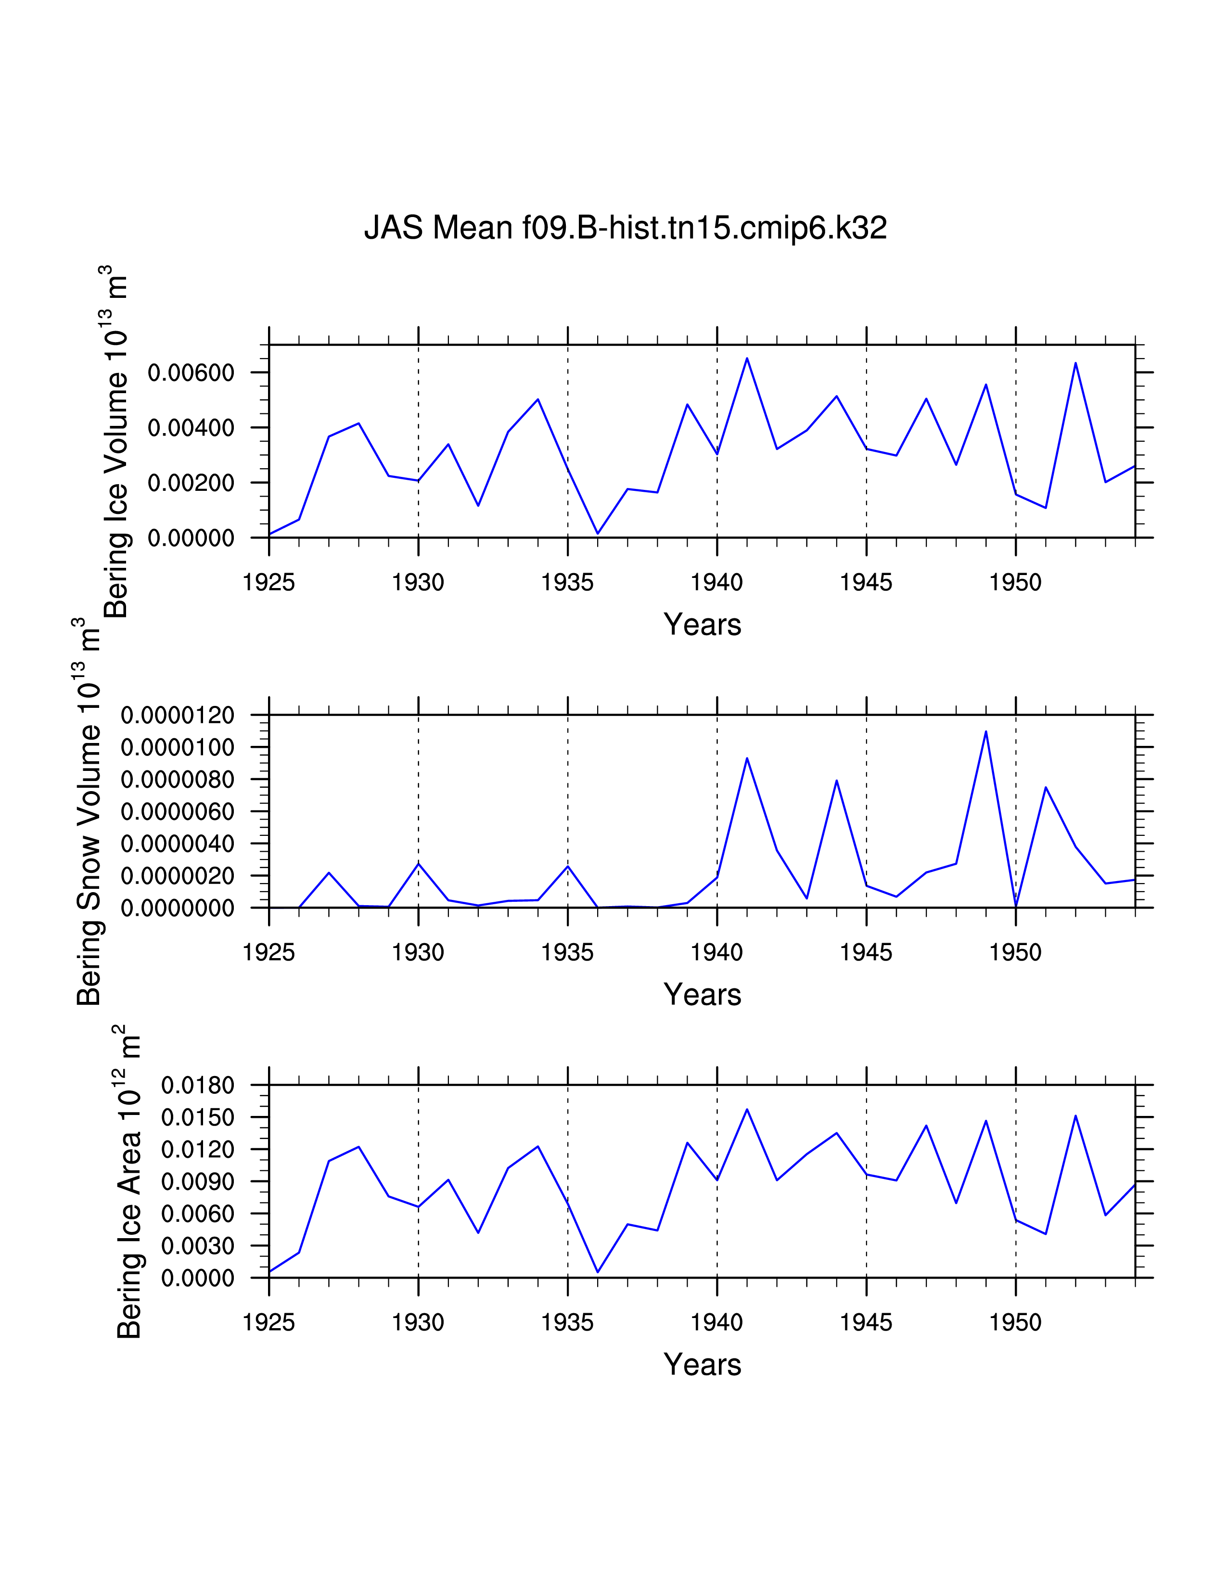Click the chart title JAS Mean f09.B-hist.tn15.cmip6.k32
click(x=625, y=228)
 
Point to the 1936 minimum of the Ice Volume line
click(x=598, y=534)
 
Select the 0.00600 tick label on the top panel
click(x=191, y=373)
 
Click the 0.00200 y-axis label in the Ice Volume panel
click(x=191, y=483)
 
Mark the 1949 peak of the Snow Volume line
click(x=985, y=731)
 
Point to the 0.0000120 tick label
click(x=178, y=716)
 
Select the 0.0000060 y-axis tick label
click(x=178, y=811)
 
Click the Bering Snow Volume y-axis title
click(x=89, y=812)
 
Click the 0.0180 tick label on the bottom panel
click(x=198, y=1086)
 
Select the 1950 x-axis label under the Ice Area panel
click(x=1015, y=1322)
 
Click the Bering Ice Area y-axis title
click(x=128, y=1182)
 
